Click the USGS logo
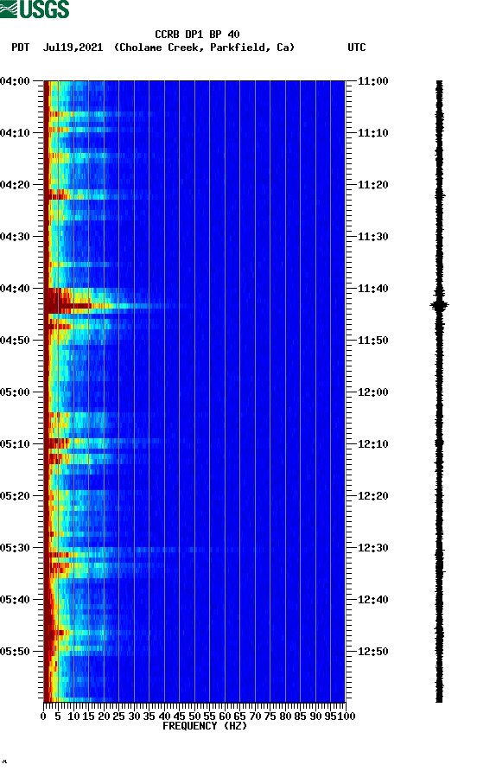tap(35, 10)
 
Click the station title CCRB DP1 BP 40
tap(197, 35)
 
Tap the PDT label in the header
tap(21, 48)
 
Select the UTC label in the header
tap(356, 48)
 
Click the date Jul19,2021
tap(74, 48)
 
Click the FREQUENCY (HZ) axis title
tap(204, 726)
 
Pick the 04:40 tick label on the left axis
tap(16, 288)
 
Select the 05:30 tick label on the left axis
tap(16, 547)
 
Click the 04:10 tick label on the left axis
tap(16, 132)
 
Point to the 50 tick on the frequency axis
tap(194, 716)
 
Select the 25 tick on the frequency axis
tap(119, 716)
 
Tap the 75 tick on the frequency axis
tap(270, 716)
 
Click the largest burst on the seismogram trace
tap(439, 304)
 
